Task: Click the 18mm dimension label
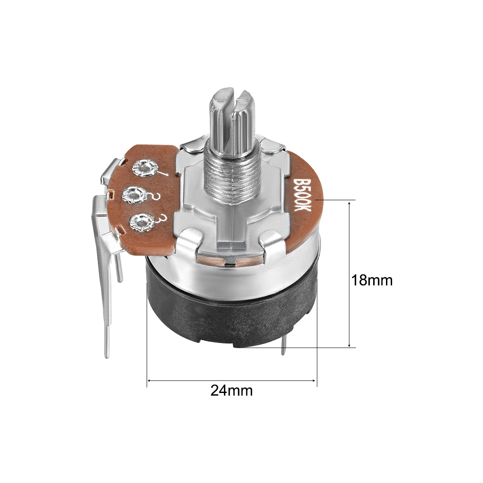(x=372, y=280)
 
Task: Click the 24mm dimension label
(x=232, y=391)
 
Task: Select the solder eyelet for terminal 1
(x=145, y=168)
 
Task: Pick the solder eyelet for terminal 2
(x=135, y=195)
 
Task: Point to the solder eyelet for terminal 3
(x=142, y=222)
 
